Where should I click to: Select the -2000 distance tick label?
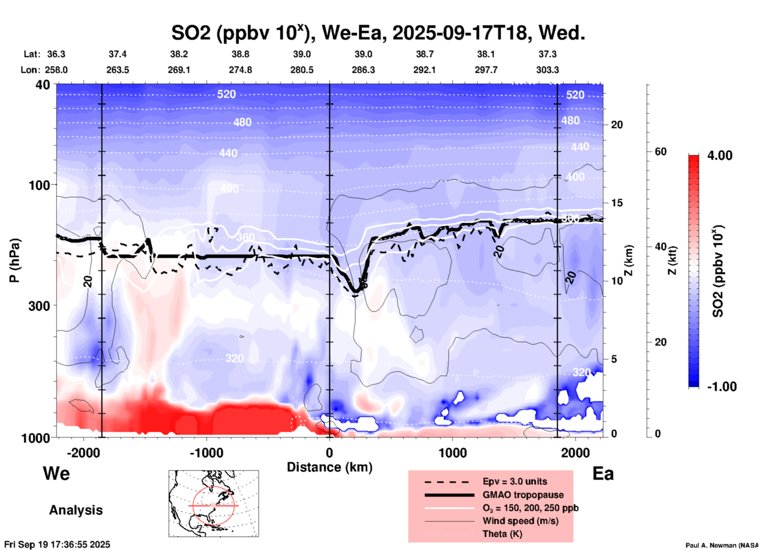tap(83, 453)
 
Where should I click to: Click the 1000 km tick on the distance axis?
tap(452, 453)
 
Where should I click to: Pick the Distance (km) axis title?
tap(329, 467)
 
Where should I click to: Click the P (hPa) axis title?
tap(15, 260)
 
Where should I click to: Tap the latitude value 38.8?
tap(240, 54)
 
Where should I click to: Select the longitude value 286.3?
tap(363, 70)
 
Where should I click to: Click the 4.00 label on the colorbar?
tap(720, 155)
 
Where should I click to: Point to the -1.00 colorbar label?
tap(722, 387)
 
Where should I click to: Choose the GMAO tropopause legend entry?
tap(523, 495)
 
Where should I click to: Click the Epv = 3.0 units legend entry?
tap(515, 481)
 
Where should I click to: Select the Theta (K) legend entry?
tap(502, 534)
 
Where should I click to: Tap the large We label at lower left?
tap(56, 473)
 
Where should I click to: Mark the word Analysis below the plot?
tap(76, 510)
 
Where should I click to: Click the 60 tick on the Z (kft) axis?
tap(660, 152)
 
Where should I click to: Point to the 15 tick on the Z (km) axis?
tap(617, 203)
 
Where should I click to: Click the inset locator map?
tap(214, 503)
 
